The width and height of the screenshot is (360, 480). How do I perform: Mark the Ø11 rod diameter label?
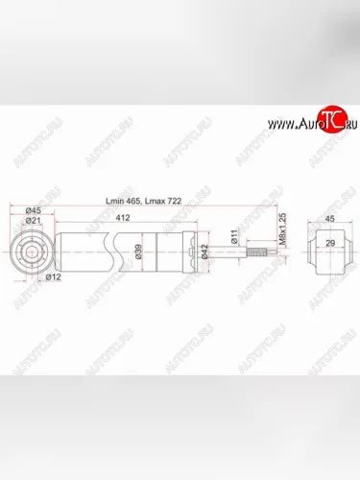coord(233,237)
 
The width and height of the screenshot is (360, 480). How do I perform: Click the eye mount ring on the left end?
coord(32,253)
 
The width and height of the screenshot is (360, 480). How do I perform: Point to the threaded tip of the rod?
coord(258,254)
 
